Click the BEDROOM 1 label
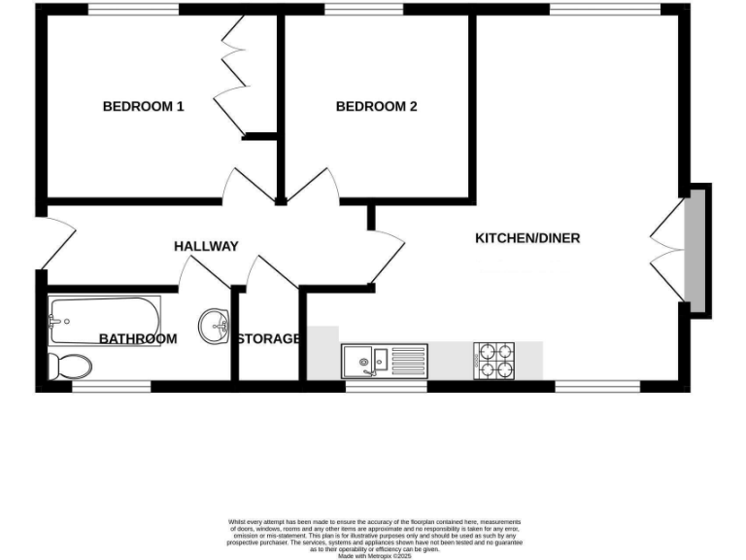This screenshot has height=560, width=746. point(144,106)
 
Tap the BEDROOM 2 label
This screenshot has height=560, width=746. point(376,106)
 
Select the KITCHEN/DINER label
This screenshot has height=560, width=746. point(527,238)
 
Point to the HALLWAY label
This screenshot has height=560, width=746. point(206,246)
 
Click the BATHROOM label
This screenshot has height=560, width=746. point(138,338)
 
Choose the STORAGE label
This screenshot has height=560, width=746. point(268,338)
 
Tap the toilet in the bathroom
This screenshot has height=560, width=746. point(70,366)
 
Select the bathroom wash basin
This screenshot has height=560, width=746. point(213,326)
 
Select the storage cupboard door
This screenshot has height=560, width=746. point(271,271)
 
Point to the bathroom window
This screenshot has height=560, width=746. point(112,386)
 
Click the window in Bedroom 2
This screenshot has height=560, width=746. point(364,10)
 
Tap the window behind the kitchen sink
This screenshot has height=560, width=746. point(386,386)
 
